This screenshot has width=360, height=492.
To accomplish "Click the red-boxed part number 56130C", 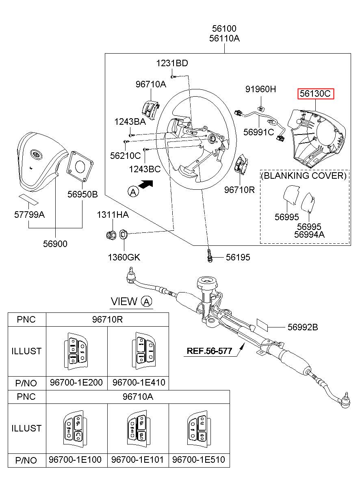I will pos(315,94).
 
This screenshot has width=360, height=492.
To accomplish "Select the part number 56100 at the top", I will pos(224,29).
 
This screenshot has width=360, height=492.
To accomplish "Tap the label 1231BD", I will pos(172,63).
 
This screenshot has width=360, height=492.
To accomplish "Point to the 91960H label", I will pos(260,89).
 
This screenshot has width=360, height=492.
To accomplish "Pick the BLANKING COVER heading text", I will pos(304,176).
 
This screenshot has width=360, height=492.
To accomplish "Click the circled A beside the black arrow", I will pos(133,191).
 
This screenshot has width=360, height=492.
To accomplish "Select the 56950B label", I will pos(82,194).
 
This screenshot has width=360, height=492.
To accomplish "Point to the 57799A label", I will pos(29,214).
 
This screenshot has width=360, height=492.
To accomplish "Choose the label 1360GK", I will pos(124,257).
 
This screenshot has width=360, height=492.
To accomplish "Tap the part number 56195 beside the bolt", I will pos(238,257).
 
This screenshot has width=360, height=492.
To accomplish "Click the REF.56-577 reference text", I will pos(212,351).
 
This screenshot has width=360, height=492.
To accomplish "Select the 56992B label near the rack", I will pos(303,326).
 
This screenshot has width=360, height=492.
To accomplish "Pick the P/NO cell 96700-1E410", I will pos(139,383).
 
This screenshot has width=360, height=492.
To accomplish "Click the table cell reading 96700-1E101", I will pos(137,460).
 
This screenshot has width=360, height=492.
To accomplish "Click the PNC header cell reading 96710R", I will pos(107,319).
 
